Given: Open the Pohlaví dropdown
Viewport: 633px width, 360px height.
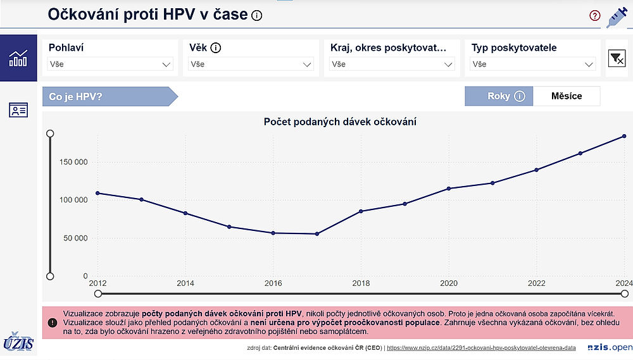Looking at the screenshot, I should [110, 64].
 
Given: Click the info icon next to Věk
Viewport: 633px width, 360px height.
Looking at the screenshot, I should [215, 48].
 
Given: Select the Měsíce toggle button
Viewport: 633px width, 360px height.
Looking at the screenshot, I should [567, 96].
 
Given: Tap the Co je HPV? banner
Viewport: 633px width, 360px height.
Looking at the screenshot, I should [109, 96].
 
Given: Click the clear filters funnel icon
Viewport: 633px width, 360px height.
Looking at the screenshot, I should [617, 58].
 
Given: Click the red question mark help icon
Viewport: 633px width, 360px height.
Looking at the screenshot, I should [594, 16].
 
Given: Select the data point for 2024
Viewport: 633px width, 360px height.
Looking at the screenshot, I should [624, 136].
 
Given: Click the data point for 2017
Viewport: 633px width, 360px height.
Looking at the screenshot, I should [317, 234].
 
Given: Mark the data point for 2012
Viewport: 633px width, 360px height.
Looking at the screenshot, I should [97, 193].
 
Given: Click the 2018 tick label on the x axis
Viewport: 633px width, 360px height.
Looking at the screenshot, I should [361, 283].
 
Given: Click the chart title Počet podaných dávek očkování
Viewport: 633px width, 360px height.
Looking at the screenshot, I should [340, 121].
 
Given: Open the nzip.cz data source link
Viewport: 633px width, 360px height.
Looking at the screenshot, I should [481, 348].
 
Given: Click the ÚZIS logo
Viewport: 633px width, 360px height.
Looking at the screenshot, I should [18, 342].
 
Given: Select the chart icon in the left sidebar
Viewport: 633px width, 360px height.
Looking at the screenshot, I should [18, 58].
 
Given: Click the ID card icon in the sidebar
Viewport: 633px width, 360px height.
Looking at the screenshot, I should [18, 109].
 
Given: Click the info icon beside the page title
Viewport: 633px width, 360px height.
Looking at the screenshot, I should [256, 16].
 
